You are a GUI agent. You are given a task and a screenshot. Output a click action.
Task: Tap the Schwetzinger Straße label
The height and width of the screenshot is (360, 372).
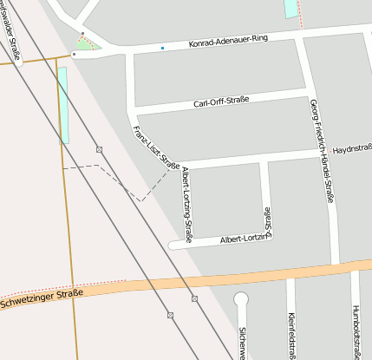point(42,299)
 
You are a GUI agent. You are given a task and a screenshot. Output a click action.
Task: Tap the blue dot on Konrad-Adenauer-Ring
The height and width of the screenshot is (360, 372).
point(162,47)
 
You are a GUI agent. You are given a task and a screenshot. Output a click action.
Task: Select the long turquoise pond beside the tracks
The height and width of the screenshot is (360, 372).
point(63,104)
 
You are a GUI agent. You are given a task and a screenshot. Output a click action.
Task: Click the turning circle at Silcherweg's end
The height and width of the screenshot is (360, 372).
point(241,299)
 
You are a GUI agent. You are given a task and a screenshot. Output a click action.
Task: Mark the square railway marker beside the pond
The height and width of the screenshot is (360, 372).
point(100,149)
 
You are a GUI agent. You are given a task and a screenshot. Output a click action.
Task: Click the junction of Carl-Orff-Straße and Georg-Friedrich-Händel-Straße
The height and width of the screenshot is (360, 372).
point(309,89)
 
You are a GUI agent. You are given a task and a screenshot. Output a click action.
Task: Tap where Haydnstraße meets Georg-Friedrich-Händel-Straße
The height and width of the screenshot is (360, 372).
point(324,153)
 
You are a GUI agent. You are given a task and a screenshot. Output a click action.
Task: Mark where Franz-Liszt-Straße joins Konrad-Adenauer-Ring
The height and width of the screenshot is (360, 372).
point(129,54)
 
